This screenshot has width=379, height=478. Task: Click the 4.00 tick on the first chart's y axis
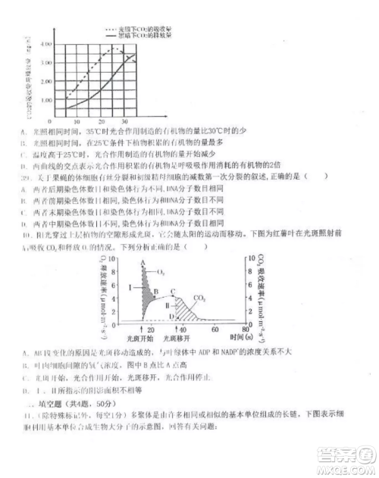[x=47, y=43]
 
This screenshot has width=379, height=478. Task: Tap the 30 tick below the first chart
[x=124, y=121]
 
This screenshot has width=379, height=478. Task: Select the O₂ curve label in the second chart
[x=161, y=270]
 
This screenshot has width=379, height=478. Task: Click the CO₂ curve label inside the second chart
[x=200, y=298]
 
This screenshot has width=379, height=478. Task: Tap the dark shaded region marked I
[x=141, y=292]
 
